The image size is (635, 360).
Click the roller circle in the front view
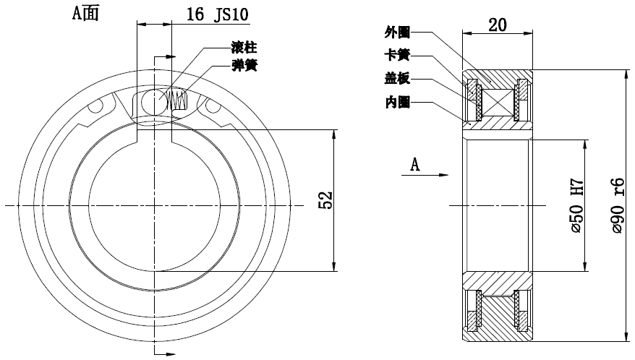(x=153, y=101)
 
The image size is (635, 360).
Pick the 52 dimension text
(x=325, y=201)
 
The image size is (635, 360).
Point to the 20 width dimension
(x=497, y=25)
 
